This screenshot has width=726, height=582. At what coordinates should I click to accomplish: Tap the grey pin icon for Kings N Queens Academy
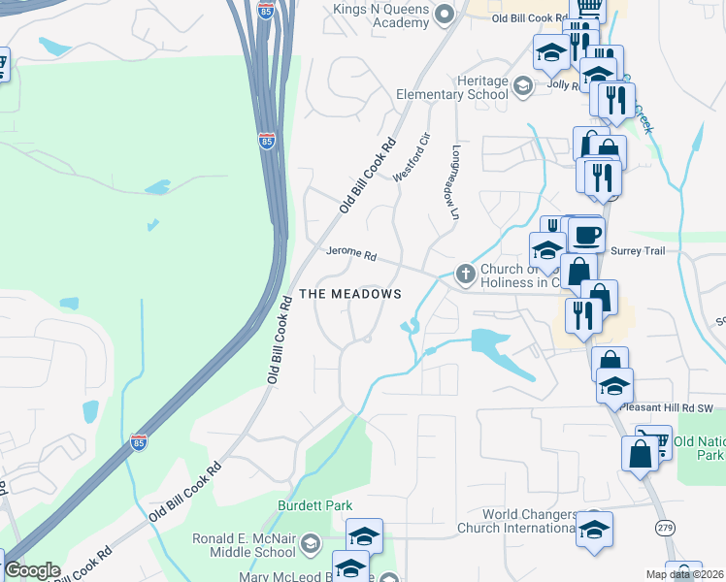tap(445, 13)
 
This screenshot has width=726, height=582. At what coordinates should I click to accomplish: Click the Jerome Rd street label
tap(350, 254)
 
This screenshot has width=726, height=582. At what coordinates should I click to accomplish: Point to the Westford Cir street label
tap(410, 156)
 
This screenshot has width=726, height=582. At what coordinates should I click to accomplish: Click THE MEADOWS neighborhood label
tap(349, 294)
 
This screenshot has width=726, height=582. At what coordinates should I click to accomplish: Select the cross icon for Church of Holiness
tap(465, 275)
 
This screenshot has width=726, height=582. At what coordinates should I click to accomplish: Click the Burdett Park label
tap(314, 505)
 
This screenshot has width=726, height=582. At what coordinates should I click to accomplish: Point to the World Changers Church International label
tap(529, 521)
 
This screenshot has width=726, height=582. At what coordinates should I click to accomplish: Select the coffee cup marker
tap(585, 236)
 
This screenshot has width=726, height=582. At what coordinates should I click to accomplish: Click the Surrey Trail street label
tap(637, 249)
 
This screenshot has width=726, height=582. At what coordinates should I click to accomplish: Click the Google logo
tap(31, 570)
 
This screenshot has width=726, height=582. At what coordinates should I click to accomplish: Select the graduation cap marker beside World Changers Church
tap(594, 532)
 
